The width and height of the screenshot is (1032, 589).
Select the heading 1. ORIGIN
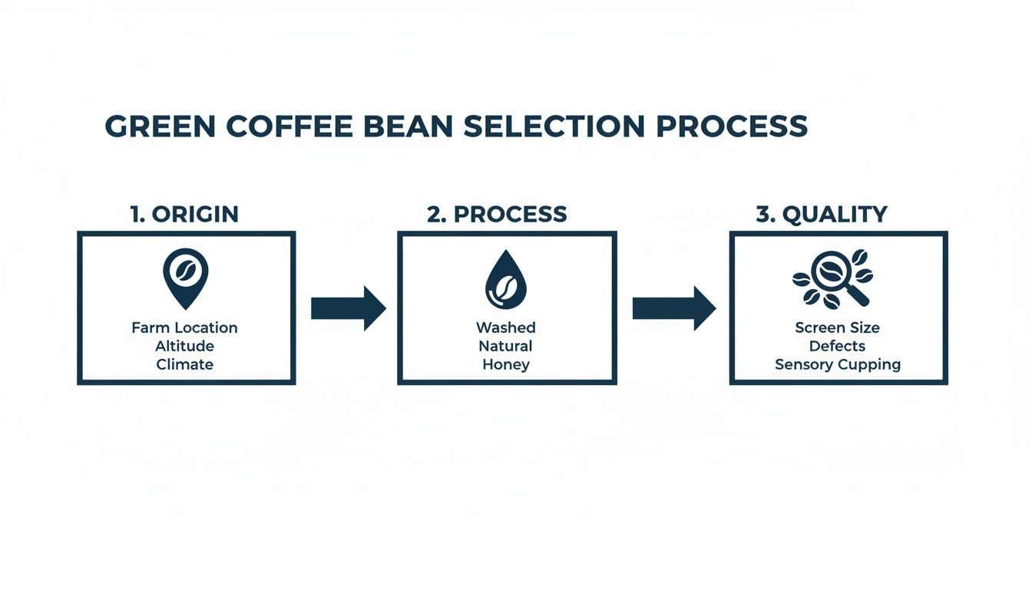point(184,215)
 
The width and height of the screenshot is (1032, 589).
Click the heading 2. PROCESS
point(497,215)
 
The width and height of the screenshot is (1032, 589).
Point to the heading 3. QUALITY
point(822,215)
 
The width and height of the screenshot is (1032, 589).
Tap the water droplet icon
point(505,278)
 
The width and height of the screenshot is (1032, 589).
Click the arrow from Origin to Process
point(348,308)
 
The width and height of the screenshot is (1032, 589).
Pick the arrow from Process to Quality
point(673,308)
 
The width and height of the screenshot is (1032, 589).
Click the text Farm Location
point(184,328)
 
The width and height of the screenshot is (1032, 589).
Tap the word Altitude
point(184,347)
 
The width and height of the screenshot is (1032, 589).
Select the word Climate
point(184,365)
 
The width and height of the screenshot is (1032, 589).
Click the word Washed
point(505,328)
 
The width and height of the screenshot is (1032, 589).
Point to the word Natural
point(505,347)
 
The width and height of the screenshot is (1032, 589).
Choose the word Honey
point(505,365)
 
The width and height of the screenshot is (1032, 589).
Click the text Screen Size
point(837,328)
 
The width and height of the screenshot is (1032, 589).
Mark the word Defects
point(837,347)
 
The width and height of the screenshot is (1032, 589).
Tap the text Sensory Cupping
point(837,365)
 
